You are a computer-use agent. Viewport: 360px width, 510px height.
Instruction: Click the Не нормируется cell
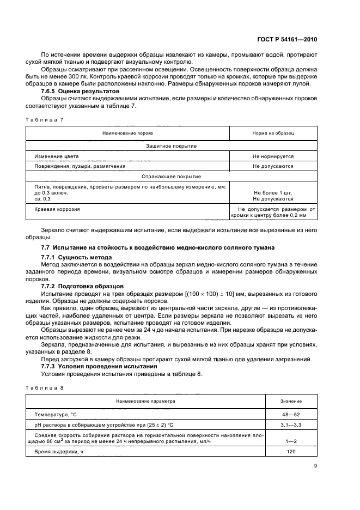point(273,156)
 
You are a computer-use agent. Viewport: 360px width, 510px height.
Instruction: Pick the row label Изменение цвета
point(53,156)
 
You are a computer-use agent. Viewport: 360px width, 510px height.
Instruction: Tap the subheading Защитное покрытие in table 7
point(172,146)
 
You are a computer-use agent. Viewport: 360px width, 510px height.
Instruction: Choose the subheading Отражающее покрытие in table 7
point(172,177)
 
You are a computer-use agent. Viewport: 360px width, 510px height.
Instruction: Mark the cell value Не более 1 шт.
point(273,193)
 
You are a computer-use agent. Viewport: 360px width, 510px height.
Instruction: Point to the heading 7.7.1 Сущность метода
point(77,257)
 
